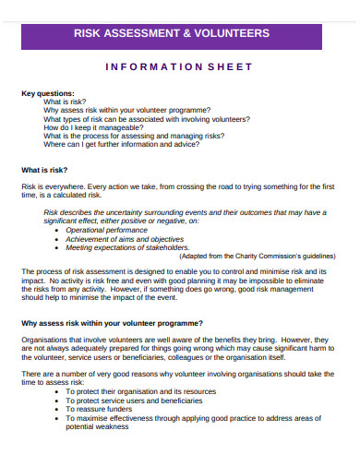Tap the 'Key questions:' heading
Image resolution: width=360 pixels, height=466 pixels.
point(49,93)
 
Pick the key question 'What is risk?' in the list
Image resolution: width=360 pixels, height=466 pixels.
point(66,102)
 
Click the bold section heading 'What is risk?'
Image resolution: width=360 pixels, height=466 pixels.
point(45,170)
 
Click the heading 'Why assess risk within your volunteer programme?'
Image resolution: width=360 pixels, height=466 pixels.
point(112,323)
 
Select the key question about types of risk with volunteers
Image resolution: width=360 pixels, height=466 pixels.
point(146,119)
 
